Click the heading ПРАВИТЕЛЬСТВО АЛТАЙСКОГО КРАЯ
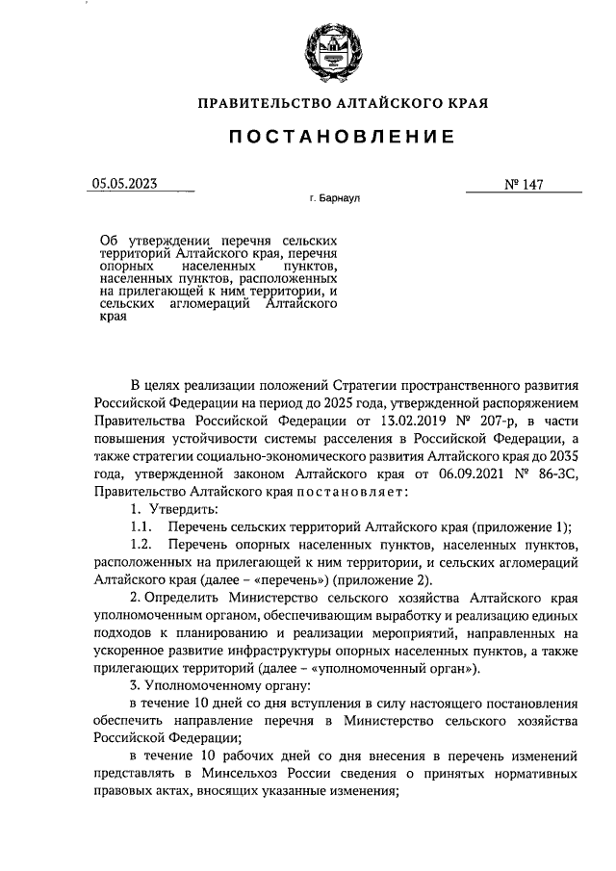(x=342, y=102)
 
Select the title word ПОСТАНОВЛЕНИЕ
(x=342, y=138)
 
